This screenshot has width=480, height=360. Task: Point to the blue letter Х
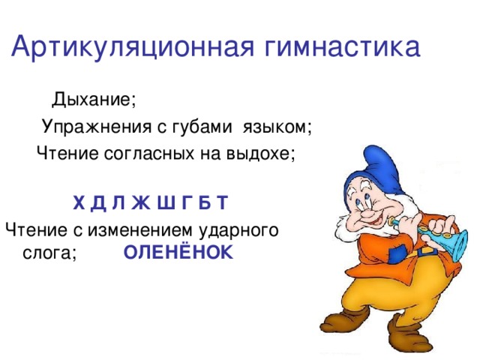(79, 203)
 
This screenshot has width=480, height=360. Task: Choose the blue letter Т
(221, 203)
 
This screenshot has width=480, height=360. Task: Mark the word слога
(49, 253)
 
